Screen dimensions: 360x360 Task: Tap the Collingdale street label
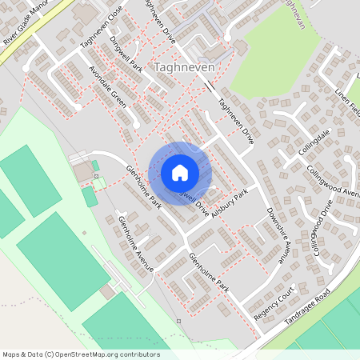tap(314, 141)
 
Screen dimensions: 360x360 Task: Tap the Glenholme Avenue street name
tap(135, 244)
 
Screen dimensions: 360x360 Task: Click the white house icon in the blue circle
tap(180, 173)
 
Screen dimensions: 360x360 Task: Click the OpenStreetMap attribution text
tap(80, 354)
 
